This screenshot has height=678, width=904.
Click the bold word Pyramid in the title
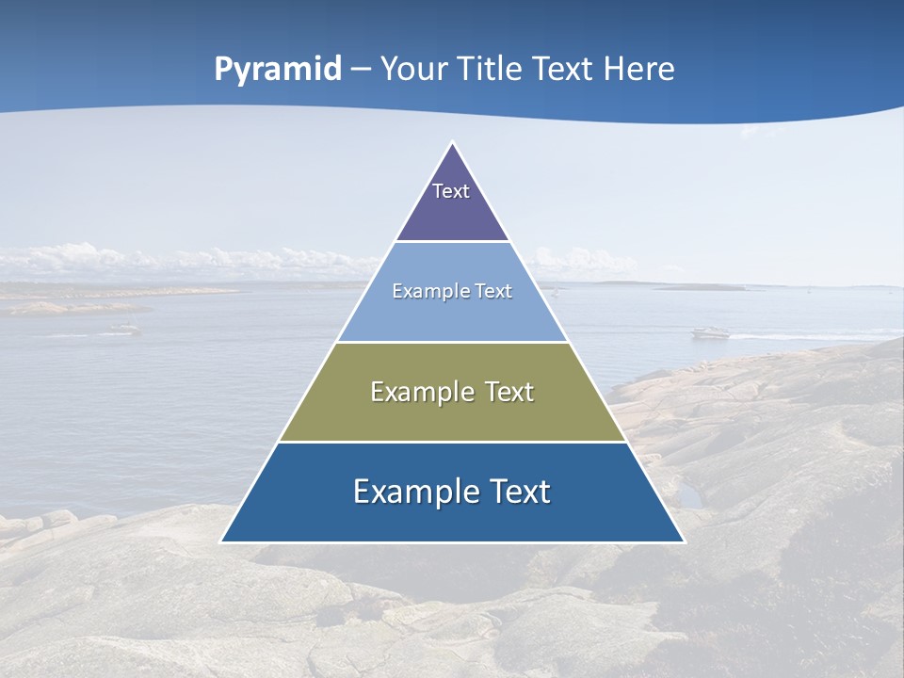click(278, 70)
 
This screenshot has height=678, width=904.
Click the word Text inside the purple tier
click(451, 191)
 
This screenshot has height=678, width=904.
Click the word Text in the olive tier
click(509, 393)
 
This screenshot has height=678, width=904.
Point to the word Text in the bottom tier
click(519, 492)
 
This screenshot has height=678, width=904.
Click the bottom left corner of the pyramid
click(221, 541)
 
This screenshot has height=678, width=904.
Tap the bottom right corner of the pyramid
click(684, 541)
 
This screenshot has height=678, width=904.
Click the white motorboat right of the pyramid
click(710, 332)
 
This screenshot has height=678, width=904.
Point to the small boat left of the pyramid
click(123, 329)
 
